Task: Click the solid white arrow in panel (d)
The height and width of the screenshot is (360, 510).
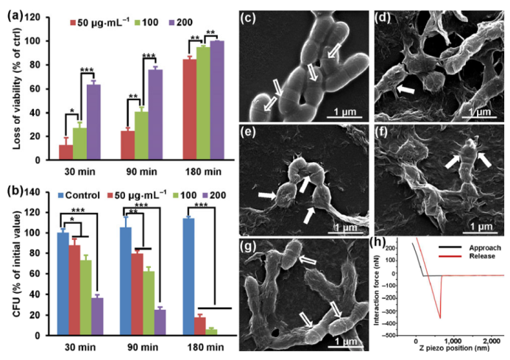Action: [x=404, y=89]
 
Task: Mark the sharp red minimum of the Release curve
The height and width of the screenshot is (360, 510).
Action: [x=440, y=317]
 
